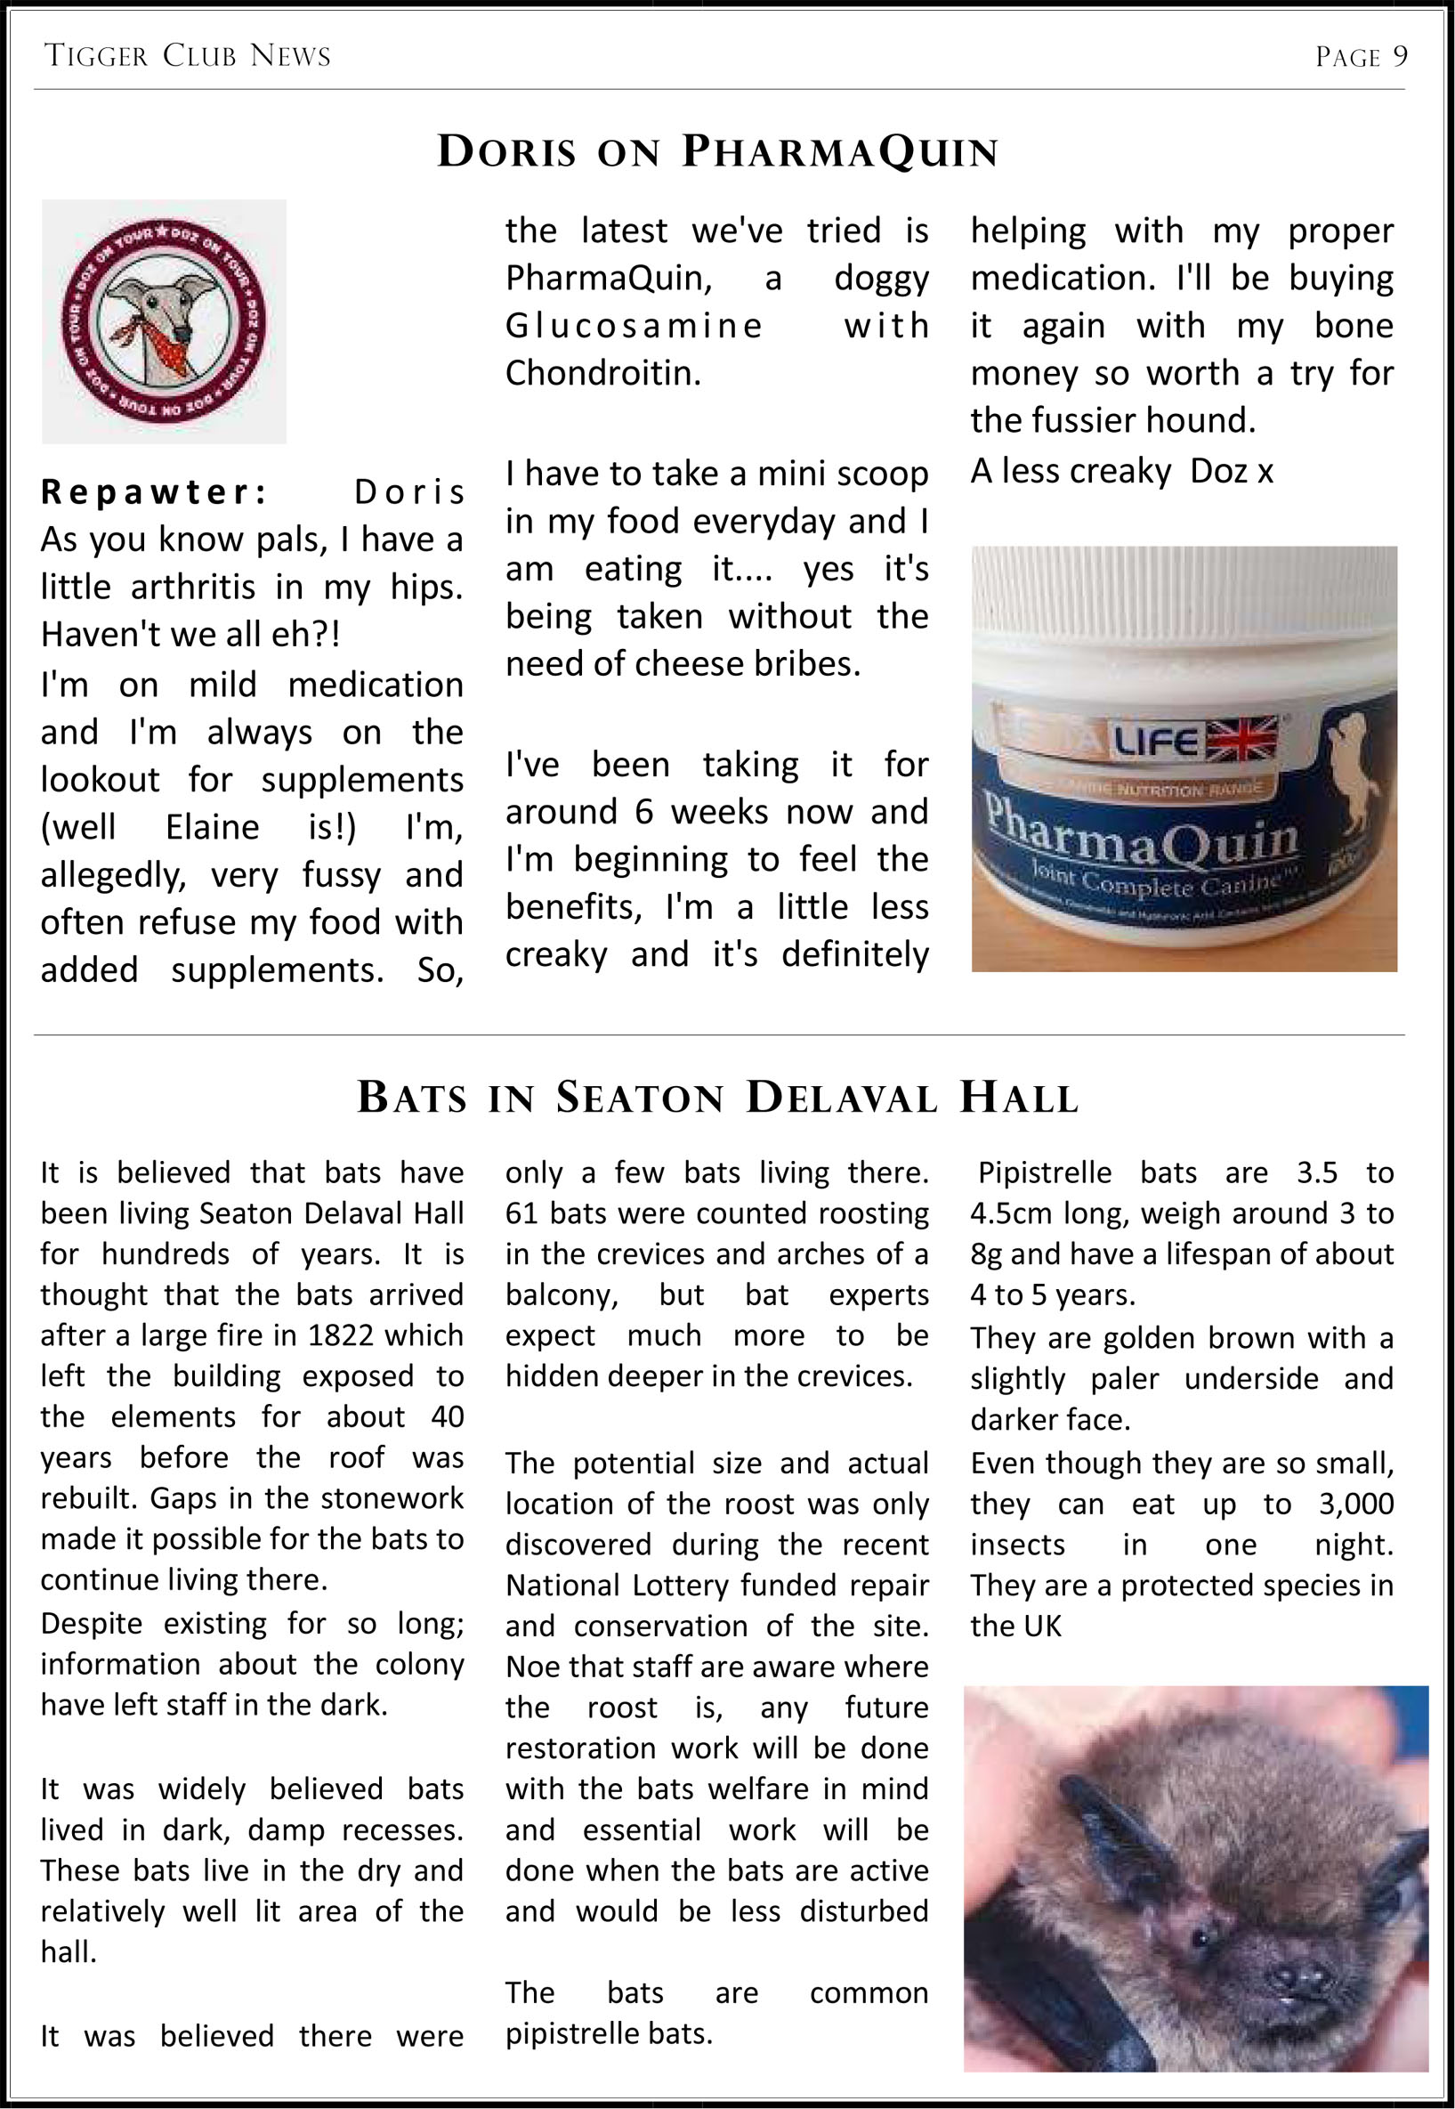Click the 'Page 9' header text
[1360, 58]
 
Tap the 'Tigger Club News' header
[187, 57]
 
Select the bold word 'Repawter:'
[154, 492]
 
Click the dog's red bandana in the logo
[170, 350]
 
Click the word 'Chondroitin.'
[602, 373]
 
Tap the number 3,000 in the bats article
[1355, 1504]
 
